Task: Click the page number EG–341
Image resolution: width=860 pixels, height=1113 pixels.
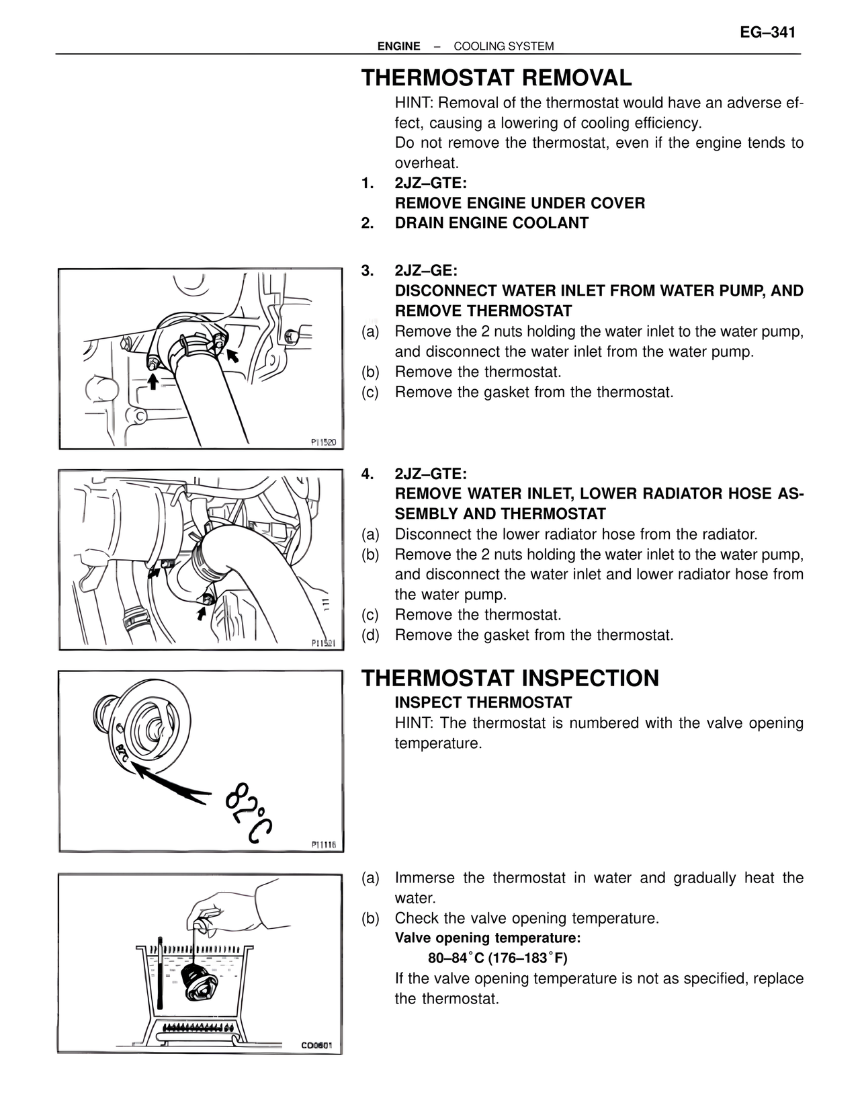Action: point(767,32)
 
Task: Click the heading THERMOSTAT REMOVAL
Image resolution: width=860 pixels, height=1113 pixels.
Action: point(497,78)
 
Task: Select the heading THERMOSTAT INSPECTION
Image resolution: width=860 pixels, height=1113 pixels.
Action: point(510,678)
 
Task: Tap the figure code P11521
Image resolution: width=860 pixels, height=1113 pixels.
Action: point(327,643)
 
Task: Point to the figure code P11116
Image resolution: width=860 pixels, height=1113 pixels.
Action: point(325,845)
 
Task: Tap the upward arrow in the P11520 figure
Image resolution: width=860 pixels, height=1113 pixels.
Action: point(153,382)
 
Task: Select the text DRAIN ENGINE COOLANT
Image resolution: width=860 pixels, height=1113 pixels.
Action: point(491,223)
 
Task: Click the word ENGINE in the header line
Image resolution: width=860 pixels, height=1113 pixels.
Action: point(398,46)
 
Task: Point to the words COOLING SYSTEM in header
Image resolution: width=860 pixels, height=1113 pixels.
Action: point(503,46)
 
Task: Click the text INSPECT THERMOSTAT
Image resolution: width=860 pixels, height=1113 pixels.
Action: point(482,703)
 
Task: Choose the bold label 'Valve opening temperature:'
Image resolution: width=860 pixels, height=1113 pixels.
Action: point(487,938)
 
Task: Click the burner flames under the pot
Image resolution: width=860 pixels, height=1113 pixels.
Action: point(199,1027)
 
